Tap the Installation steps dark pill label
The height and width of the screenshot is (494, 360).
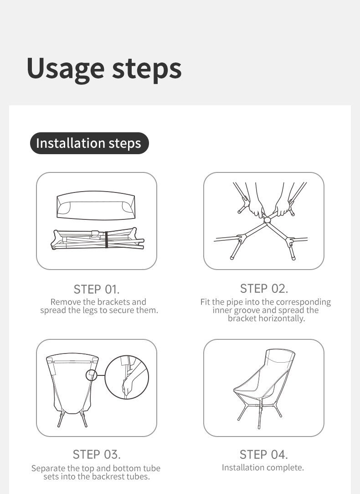(89, 143)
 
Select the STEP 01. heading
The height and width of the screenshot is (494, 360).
(97, 289)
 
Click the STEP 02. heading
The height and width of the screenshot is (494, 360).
(264, 289)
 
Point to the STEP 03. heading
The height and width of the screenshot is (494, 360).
(97, 454)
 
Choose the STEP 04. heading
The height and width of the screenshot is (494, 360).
(264, 454)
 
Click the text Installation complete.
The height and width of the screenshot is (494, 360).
(263, 467)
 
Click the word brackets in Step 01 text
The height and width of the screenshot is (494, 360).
(113, 302)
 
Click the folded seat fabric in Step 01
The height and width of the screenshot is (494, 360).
(96, 205)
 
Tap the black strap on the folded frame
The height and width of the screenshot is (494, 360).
(106, 240)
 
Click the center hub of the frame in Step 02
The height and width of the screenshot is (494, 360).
(267, 219)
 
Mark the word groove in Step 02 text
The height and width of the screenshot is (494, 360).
(247, 310)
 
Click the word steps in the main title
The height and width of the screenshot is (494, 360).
(147, 69)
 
